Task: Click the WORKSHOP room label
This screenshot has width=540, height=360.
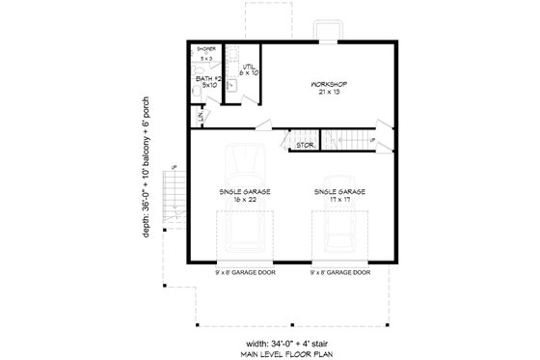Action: click(329, 85)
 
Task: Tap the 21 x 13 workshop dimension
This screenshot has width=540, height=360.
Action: click(329, 94)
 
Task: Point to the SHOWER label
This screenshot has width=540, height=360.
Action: click(206, 47)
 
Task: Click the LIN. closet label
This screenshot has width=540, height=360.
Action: click(200, 117)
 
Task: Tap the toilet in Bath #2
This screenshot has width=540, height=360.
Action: click(199, 90)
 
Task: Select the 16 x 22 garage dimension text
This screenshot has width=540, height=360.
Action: click(244, 200)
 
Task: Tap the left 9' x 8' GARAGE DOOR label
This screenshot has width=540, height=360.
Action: click(243, 272)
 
